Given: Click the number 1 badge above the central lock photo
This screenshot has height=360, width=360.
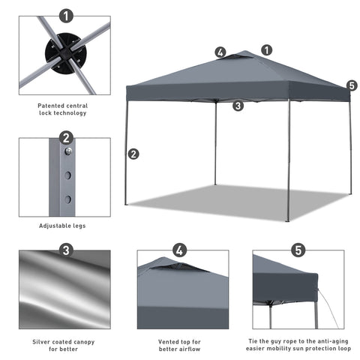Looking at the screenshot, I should [67, 15].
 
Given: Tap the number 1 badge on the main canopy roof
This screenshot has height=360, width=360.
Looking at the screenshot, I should [267, 50].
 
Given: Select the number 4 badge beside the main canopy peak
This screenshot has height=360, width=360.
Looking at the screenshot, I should [220, 52].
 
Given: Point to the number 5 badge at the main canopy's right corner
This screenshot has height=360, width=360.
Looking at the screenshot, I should [352, 85].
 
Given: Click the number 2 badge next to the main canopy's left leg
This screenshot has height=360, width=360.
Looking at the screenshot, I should [133, 154].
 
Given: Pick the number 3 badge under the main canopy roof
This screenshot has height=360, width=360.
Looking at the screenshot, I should [238, 106].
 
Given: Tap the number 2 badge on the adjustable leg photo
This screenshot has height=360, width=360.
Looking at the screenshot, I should [67, 137].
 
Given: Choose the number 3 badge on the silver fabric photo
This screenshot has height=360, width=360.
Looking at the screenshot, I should [67, 250].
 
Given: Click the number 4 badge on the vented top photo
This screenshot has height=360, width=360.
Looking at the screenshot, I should [179, 250].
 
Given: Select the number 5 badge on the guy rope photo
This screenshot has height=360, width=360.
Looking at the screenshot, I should [298, 250].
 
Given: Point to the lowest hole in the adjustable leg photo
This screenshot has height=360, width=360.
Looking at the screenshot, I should [67, 199].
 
